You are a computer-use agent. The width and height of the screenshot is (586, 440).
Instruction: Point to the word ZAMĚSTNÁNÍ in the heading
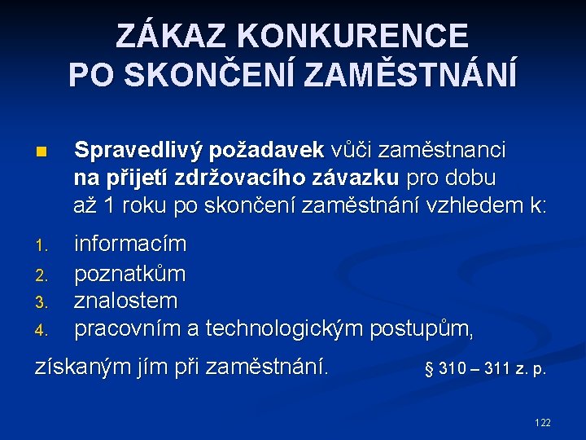pos(410,75)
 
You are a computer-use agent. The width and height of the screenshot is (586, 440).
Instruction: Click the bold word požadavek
pos(267,151)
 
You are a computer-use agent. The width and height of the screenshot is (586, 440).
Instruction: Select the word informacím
pos(130,244)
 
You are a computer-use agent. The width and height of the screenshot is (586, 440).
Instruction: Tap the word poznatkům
pos(130,272)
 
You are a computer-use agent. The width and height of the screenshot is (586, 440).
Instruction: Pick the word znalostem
pos(126,301)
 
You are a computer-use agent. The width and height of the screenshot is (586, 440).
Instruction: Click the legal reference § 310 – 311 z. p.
pos(485,370)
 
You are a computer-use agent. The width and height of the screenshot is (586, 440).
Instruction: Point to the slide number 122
pos(542,422)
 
